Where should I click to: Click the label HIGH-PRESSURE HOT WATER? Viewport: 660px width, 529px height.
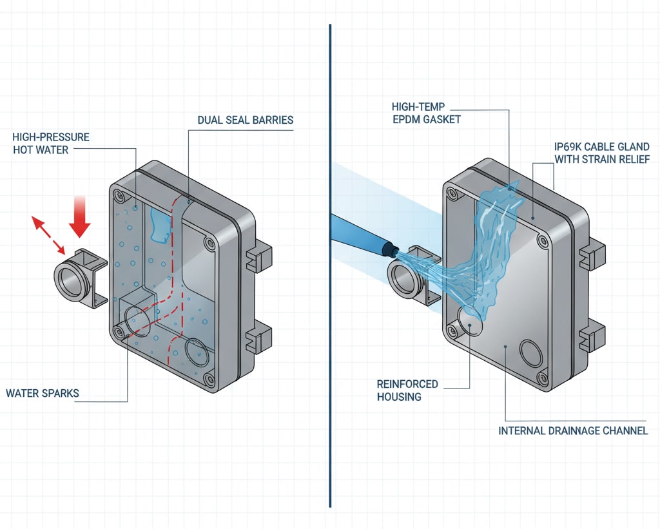51,143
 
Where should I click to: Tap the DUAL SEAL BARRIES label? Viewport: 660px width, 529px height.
245,120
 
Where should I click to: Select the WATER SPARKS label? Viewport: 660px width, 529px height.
43,392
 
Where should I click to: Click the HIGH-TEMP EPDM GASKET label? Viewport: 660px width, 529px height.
426,112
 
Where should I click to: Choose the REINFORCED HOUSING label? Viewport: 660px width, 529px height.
407,390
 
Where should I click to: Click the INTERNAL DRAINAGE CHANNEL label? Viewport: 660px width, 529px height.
573,430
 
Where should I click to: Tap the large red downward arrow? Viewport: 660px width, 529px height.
81,218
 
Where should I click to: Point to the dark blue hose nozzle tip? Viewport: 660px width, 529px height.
389,247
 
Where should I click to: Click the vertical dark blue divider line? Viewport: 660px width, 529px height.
330,264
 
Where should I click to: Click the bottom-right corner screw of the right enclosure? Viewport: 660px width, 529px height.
543,377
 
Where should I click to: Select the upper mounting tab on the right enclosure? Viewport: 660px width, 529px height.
591,255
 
